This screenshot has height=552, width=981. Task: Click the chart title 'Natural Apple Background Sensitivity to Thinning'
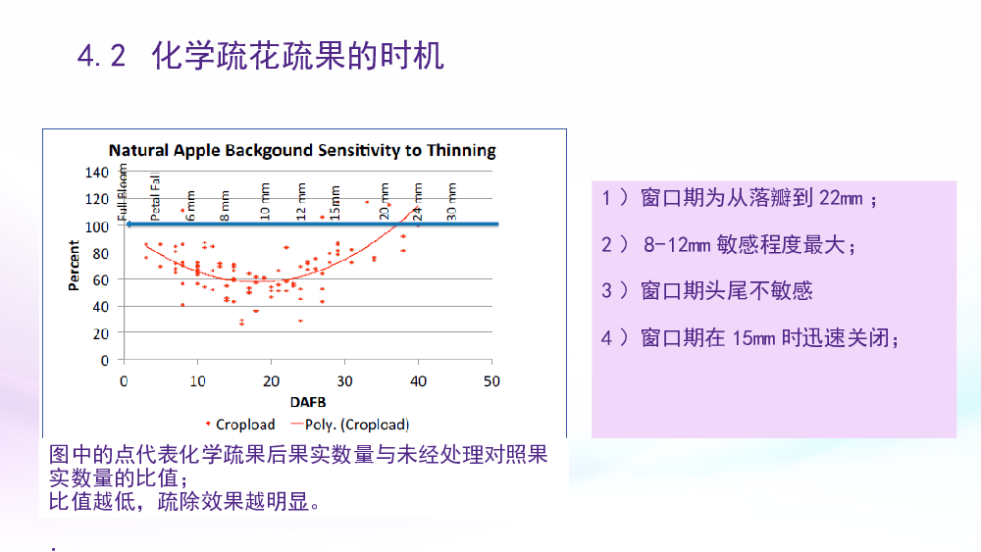click(x=302, y=150)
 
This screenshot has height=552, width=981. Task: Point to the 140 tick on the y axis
click(x=97, y=172)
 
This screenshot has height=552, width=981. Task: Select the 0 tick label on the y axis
click(x=105, y=360)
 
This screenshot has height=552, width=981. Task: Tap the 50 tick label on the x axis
click(x=491, y=381)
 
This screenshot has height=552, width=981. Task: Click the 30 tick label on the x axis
click(x=344, y=381)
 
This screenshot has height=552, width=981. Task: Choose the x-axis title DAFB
click(x=308, y=402)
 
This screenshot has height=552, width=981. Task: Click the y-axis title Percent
click(x=74, y=266)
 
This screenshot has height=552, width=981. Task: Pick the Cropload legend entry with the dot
click(x=240, y=425)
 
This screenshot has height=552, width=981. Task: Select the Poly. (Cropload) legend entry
click(x=350, y=425)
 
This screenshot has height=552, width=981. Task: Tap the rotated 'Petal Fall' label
click(x=155, y=197)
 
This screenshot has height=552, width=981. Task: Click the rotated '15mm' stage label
click(x=336, y=203)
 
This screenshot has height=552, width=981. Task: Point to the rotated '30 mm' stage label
click(x=451, y=201)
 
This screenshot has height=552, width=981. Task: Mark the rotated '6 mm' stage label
click(x=191, y=205)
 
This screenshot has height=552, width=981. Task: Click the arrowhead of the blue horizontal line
click(x=129, y=224)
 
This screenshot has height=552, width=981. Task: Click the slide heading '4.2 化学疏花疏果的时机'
click(x=261, y=56)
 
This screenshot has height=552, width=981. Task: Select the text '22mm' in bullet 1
click(x=841, y=198)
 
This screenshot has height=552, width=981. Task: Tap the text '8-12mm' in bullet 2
click(x=677, y=244)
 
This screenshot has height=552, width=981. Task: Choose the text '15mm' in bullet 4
click(x=753, y=338)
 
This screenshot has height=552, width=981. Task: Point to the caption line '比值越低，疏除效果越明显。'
click(x=185, y=501)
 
